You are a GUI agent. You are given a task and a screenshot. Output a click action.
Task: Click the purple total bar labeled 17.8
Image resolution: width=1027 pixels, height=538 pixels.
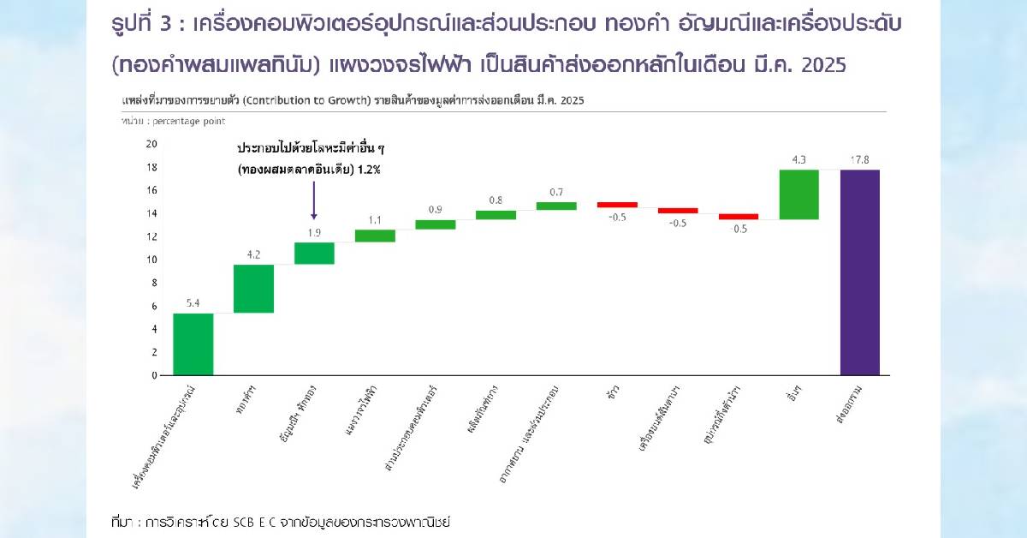pos(859,272)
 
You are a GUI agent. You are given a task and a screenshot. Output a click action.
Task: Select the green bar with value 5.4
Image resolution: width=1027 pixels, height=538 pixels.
pos(193,344)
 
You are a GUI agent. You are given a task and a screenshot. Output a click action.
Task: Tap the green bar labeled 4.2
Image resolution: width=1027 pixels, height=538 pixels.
pos(253,289)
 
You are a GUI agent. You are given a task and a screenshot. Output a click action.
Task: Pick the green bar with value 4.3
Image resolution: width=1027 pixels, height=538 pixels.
pos(798,194)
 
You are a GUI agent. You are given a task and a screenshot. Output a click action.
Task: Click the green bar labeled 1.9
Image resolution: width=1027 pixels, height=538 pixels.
pos(314,253)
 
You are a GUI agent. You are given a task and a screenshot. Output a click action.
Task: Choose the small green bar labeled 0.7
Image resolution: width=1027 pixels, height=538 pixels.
pos(556,206)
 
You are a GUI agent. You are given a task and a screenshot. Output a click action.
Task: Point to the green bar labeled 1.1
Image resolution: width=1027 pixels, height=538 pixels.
pos(375,236)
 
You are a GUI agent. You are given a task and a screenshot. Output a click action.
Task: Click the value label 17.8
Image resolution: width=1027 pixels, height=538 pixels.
pos(859,159)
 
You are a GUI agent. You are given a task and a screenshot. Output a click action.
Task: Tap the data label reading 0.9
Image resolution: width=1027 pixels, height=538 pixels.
pos(435,210)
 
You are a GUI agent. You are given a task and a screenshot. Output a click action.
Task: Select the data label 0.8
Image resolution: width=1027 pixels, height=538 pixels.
pos(496,200)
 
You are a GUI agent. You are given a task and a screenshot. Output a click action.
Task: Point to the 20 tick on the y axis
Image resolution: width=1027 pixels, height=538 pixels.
pos(151,144)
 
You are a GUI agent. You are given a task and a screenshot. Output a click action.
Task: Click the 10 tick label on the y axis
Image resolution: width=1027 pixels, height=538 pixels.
pos(151,260)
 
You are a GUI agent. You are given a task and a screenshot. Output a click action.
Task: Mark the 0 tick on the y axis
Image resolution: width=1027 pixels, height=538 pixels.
pos(154,375)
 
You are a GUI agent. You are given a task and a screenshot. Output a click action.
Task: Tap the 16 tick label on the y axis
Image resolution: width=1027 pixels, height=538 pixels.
pos(151,190)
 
